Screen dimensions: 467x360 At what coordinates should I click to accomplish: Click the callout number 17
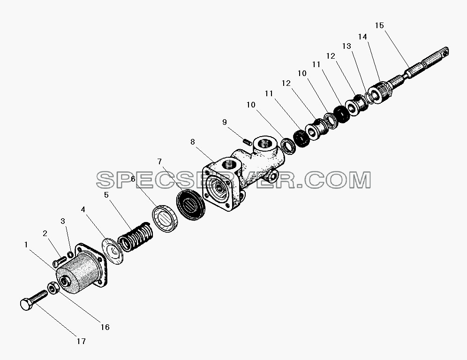(81, 341)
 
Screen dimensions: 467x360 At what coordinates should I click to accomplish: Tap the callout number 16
(105, 327)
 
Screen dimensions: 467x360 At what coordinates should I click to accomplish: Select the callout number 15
(379, 25)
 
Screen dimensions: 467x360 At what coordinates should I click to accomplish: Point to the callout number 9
(225, 122)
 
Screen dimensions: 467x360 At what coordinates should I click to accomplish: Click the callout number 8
(193, 142)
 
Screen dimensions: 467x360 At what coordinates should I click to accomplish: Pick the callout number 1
(26, 245)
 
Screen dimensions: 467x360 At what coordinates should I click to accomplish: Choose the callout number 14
(362, 37)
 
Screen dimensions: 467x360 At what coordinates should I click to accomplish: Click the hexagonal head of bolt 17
(26, 305)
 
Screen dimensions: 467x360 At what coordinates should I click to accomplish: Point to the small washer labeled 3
(70, 254)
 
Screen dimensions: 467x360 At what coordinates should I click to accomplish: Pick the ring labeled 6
(166, 219)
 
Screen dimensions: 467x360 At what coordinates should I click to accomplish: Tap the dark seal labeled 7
(191, 205)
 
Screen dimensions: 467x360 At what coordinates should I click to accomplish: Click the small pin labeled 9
(248, 142)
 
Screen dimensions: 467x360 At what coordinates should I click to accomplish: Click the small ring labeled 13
(368, 97)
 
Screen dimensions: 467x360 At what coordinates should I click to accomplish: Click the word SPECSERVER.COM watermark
(233, 180)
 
